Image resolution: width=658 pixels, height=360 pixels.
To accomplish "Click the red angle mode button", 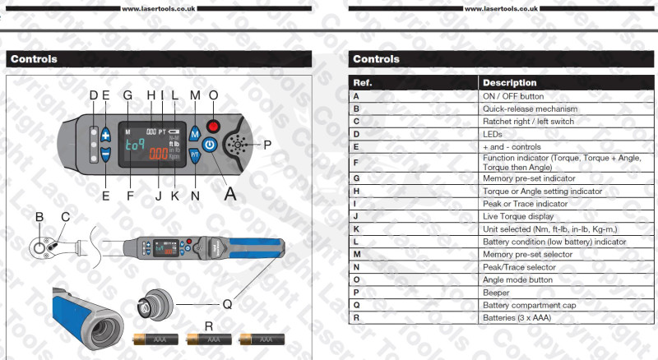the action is coord(213,126).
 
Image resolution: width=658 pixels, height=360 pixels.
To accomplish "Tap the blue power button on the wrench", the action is coord(210,145).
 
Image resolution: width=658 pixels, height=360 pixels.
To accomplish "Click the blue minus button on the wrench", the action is coord(106,155).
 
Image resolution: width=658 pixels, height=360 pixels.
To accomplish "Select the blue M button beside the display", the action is coord(194,135).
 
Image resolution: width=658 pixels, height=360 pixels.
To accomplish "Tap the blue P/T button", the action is coord(194,155).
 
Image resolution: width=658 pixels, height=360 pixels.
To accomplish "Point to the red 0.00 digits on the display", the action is coord(159,154).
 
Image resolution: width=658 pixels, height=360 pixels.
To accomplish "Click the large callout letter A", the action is coord(230,194).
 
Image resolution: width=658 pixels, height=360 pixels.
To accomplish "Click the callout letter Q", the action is coord(227,304).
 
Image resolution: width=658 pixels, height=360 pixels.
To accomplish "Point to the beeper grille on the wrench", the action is coord(238,145).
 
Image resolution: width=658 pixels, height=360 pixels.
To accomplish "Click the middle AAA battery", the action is coord(209,339).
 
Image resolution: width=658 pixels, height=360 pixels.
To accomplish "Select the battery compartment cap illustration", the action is coord(155,305).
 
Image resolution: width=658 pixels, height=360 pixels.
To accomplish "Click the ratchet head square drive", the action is coord(39,247).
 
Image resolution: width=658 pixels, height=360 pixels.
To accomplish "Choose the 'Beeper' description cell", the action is coord(566,293).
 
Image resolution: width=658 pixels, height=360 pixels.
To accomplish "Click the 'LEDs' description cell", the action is coord(566,134).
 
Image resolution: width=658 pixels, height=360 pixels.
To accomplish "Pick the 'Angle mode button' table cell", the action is coord(566,279).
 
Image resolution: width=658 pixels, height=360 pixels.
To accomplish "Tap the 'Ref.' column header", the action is coord(414,83).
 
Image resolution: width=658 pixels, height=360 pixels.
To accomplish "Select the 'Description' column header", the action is coord(566,83).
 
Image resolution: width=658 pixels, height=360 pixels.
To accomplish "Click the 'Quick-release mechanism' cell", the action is coord(566,108).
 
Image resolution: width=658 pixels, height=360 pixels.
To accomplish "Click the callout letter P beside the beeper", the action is coord(267,145).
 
